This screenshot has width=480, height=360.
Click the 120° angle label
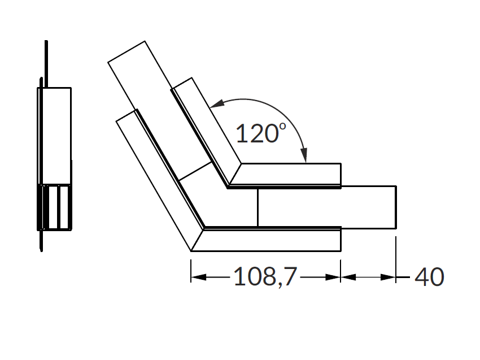click(261, 133)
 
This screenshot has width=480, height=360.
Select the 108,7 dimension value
click(265, 277)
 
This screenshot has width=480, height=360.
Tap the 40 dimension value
click(429, 277)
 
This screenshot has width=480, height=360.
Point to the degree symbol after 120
click(282, 125)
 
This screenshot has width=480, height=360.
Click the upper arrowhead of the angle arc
click(217, 104)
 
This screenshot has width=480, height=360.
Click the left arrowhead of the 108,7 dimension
click(199, 277)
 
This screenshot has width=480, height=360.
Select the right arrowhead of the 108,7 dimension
click(333, 277)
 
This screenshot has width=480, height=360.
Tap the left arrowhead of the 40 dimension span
click(348, 277)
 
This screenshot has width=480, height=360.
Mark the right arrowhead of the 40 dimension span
click(388, 277)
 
